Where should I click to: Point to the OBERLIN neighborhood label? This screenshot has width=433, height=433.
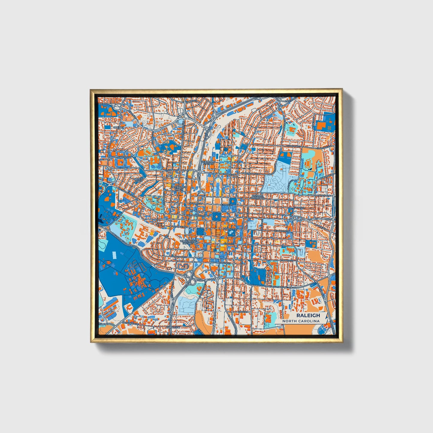tap(118, 127)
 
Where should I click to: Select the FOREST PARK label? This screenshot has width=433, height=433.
tap(139, 180)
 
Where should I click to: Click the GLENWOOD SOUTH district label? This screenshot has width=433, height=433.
tap(179, 188)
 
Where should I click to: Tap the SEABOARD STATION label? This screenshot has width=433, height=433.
tap(208, 163)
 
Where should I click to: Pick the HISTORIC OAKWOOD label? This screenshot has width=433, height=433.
tap(258, 197)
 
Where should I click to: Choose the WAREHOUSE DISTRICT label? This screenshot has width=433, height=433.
tap(188, 242)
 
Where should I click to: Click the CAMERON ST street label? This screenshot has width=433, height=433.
tap(124, 157)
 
